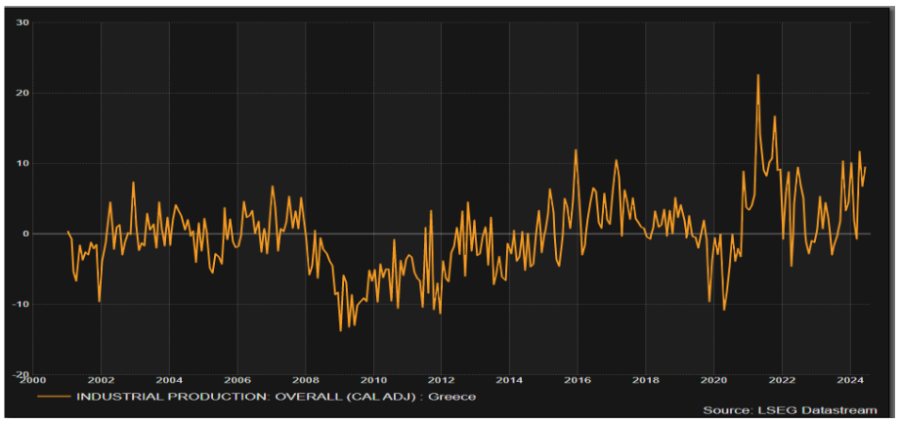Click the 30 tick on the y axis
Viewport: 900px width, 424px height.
(21, 22)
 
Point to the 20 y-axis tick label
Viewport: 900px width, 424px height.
(21, 93)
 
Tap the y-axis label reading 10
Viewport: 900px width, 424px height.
(21, 163)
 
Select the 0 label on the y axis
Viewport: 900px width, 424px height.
(24, 233)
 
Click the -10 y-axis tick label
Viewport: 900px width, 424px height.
(20, 304)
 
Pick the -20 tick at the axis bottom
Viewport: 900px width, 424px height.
(20, 374)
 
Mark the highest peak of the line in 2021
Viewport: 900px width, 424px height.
(757, 75)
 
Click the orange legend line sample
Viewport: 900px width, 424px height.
(54, 397)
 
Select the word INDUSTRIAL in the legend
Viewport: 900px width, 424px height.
(112, 397)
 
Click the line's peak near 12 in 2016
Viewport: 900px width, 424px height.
(576, 150)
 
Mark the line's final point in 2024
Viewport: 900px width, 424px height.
(866, 168)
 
